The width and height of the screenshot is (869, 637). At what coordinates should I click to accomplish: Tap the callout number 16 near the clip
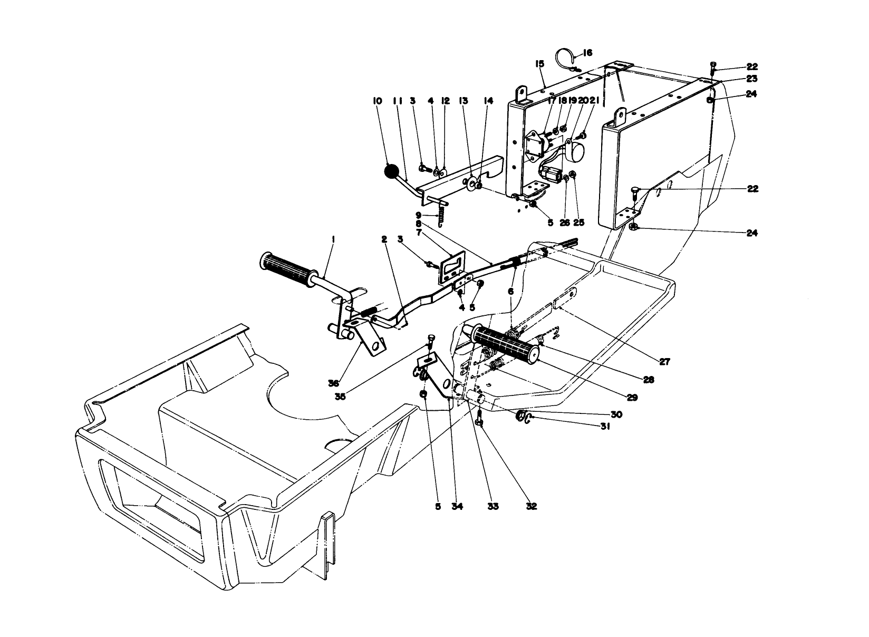[x=588, y=53]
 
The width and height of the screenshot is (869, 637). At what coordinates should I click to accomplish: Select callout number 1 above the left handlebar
[x=333, y=239]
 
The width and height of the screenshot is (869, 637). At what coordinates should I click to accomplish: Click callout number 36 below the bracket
[x=333, y=383]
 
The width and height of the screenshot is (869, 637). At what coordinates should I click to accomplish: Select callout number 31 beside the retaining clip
[x=605, y=428]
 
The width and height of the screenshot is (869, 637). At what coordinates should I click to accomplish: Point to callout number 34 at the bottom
[x=457, y=506]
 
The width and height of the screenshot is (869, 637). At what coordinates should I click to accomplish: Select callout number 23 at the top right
[x=752, y=79]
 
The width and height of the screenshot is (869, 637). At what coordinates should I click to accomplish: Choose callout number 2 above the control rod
[x=385, y=239]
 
